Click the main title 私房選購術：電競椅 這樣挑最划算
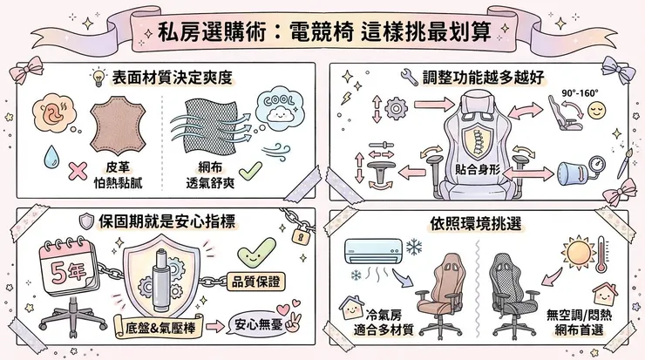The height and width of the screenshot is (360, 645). click(322, 29)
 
